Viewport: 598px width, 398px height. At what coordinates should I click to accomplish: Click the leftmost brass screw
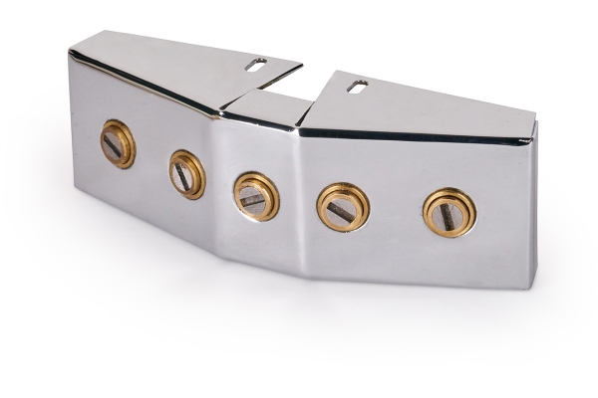[x=118, y=144]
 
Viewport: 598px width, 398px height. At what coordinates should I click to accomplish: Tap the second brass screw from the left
[x=187, y=174]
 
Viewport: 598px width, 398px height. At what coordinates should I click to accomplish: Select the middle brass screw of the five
[x=256, y=195]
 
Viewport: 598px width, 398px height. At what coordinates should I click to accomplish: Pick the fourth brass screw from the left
[x=343, y=207]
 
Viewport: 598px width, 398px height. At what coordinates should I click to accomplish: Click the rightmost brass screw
[x=448, y=212]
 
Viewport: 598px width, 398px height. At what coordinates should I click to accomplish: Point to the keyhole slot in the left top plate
[x=255, y=64]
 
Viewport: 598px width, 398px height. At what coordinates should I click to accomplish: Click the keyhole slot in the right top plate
[x=357, y=86]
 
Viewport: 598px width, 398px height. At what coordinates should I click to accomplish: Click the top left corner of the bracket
[x=70, y=51]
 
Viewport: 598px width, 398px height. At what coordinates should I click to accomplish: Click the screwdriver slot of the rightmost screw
[x=448, y=213]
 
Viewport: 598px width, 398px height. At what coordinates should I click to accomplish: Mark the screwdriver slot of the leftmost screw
[x=116, y=145]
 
